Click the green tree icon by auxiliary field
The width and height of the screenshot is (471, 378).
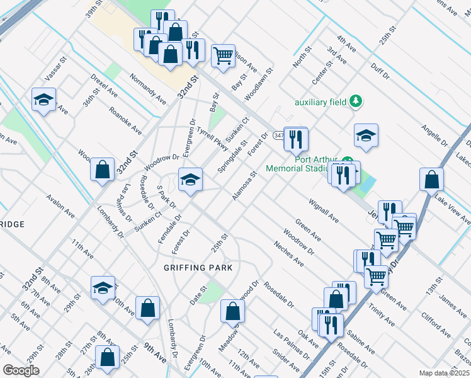tap(356, 101)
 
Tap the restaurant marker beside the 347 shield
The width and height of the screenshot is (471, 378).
tap(295, 139)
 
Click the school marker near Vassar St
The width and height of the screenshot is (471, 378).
tap(44, 100)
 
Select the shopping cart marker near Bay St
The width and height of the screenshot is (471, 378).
tap(224, 57)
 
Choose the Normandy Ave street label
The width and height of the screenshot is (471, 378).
tap(148, 89)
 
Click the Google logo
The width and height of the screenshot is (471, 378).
tap(21, 370)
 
